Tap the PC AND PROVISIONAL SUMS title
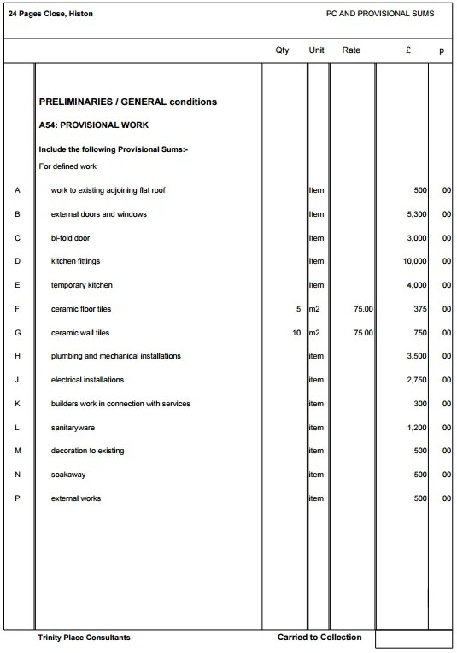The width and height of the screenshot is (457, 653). click(x=380, y=15)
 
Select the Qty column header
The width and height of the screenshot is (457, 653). click(x=282, y=51)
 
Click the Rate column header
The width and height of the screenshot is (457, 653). click(x=351, y=51)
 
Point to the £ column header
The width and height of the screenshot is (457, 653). click(x=410, y=51)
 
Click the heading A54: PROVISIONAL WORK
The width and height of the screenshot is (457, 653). click(x=94, y=125)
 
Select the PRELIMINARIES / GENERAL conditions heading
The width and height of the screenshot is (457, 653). click(x=128, y=102)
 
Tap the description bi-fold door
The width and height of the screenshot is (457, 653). click(x=70, y=238)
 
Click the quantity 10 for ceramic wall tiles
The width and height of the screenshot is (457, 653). click(x=296, y=333)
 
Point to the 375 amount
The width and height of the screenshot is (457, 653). click(x=418, y=309)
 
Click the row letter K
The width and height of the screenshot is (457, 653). click(x=18, y=404)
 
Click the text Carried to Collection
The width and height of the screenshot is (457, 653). click(x=319, y=638)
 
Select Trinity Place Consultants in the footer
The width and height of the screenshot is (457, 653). click(x=85, y=638)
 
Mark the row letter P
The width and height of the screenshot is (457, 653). click(x=18, y=498)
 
